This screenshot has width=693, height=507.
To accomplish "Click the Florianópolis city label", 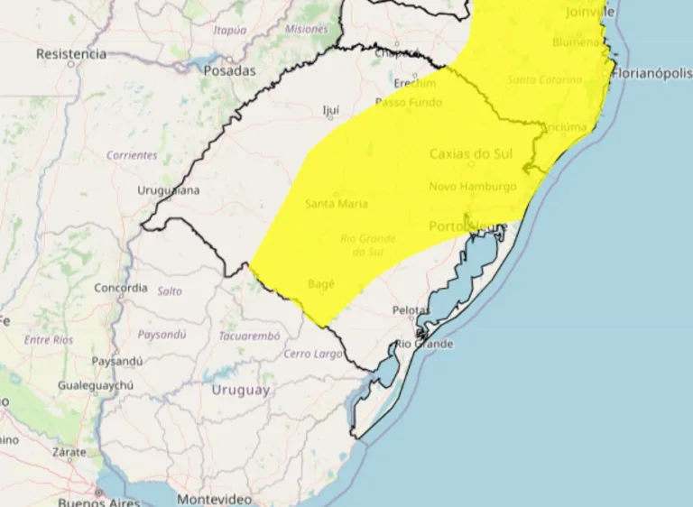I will (651, 73).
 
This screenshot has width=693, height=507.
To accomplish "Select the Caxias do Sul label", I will (471, 153).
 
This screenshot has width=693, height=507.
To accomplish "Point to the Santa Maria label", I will (337, 204).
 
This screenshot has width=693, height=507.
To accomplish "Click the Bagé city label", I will (321, 283).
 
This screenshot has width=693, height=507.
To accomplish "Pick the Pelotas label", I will (411, 310).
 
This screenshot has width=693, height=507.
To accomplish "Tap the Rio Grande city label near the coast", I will (423, 344).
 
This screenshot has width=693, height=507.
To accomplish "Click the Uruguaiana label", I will (169, 190).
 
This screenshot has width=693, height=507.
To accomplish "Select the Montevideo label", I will (214, 499).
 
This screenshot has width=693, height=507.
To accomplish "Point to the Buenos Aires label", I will (99, 501).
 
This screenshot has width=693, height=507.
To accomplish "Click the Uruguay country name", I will (241, 390).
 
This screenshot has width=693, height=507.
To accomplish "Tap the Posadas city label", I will (229, 70).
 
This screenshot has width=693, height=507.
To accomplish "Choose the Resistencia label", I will (71, 54).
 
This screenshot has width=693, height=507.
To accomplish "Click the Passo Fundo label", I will (409, 103).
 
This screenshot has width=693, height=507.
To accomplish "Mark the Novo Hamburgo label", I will (473, 187).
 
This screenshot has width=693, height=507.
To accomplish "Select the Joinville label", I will (590, 12).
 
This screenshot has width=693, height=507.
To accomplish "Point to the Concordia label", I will (121, 289).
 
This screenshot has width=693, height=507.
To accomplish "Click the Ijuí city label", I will (331, 110).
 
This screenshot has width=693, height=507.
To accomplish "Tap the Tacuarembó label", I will (249, 336).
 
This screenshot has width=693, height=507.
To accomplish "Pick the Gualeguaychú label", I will (96, 385).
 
